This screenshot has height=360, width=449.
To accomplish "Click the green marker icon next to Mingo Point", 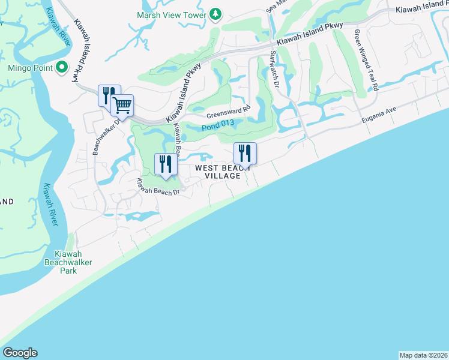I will (61, 68).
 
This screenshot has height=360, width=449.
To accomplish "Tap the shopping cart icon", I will (122, 106).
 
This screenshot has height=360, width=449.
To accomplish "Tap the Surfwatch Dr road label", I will (275, 68).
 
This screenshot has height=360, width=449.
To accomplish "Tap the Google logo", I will (20, 353).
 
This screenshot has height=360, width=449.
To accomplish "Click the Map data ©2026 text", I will (423, 355).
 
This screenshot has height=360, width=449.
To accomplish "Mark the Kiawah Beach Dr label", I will (158, 187).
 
